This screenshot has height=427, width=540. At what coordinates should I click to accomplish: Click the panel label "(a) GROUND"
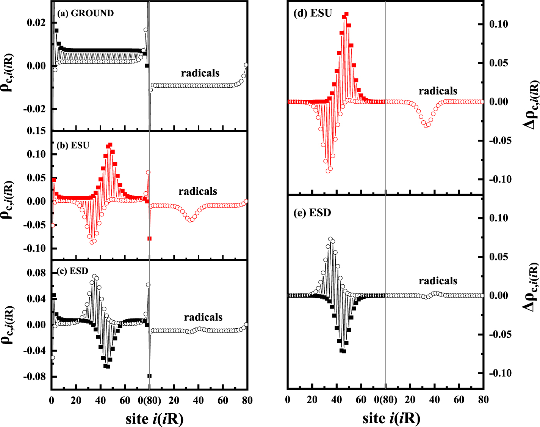[85, 13]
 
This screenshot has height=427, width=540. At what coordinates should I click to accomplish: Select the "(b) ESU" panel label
[73, 145]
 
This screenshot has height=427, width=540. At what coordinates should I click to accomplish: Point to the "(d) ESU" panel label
[313, 13]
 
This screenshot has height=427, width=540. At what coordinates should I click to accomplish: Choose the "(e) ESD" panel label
[312, 213]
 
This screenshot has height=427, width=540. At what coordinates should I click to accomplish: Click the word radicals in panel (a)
[200, 73]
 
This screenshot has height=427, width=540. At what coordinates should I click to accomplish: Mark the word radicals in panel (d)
[438, 91]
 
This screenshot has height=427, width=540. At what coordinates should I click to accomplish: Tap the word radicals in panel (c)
[203, 317]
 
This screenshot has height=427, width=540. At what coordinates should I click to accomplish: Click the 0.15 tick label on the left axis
[36, 131]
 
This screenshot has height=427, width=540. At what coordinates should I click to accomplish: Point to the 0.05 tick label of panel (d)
[498, 63]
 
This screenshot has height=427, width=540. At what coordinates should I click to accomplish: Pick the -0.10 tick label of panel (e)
[498, 373]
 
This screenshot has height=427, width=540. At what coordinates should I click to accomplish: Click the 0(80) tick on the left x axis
[150, 400]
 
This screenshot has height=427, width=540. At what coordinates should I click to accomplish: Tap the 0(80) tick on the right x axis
[386, 400]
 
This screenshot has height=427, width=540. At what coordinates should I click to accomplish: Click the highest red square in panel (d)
[346, 14]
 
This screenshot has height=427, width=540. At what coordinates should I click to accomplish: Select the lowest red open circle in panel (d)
[328, 171]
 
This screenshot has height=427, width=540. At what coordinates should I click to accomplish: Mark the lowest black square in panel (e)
[344, 351]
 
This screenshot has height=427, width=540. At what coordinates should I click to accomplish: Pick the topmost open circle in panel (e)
[330, 239]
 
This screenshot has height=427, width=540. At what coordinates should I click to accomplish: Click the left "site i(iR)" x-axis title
[155, 419]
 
